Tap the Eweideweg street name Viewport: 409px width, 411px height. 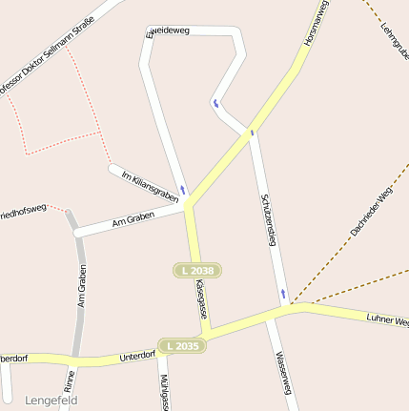tap(168, 31)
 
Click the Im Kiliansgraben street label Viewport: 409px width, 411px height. tap(151, 184)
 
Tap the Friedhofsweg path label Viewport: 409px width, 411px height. tap(21, 209)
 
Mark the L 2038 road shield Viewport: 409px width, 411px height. tap(197, 271)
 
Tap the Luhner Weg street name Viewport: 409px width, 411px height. tap(387, 321)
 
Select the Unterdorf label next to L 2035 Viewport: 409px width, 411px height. tap(137, 356)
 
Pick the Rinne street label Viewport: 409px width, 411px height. tap(70, 381)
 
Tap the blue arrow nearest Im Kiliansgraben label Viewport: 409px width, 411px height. tap(182, 190)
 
